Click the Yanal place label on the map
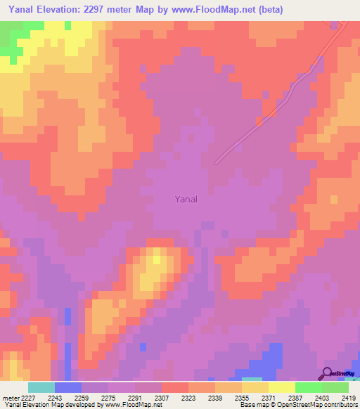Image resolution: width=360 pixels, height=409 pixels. pyautogui.click(x=186, y=199)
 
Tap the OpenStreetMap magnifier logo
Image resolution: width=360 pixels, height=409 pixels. pyautogui.click(x=327, y=373)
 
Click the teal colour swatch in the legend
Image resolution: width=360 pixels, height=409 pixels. pyautogui.click(x=41, y=387)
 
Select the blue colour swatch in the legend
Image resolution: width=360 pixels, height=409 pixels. pyautogui.click(x=68, y=387)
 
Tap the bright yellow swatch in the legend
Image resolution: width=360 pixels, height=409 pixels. pyautogui.click(x=282, y=387)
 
